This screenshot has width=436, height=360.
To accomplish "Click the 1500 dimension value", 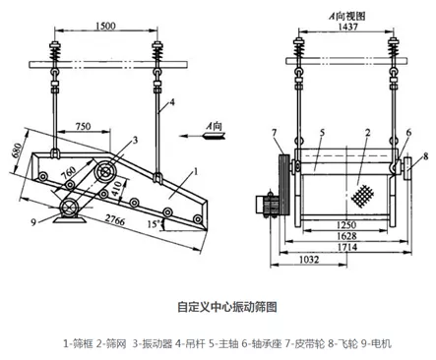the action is coord(105,26).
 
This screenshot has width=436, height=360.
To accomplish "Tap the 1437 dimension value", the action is coord(347,27).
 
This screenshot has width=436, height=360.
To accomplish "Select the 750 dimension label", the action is coord(83,126).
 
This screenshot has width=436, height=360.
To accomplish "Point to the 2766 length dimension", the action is coord(115,219).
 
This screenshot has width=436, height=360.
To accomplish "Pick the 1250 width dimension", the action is coord(346,225).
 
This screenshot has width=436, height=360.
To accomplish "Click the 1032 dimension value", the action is coord(309,260).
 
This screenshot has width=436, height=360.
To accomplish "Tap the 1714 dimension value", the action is coord(347,247).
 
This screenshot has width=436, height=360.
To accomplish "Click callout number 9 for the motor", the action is coord(33,223).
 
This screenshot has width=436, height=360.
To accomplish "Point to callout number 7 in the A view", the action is coord(275,133).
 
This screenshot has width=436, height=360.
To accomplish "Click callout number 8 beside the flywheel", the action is coord(425,156).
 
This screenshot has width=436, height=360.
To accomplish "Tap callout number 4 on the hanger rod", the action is coord(172,102).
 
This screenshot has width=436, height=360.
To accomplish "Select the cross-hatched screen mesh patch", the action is coord(362,196).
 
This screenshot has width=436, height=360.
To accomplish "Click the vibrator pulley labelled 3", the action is coord(105,171).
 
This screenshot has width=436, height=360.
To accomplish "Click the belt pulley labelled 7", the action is coord(282,184).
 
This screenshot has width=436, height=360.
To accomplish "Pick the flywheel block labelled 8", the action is coord(409,168).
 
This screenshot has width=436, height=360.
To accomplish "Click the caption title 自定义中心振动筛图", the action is coord(227,307).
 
